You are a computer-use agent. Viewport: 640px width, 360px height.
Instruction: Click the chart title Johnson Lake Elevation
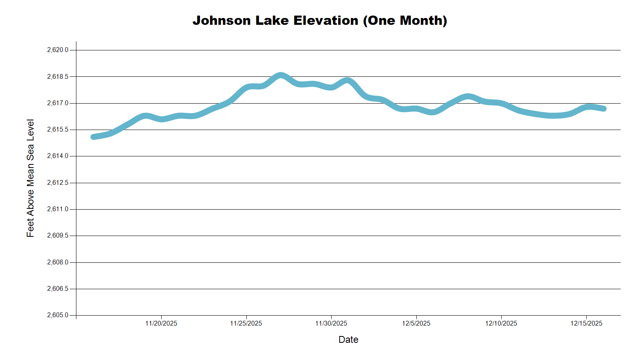[x=320, y=20]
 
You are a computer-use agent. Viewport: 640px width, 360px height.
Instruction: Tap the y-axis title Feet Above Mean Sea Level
[x=30, y=178]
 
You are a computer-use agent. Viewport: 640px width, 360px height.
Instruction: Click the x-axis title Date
[x=348, y=340]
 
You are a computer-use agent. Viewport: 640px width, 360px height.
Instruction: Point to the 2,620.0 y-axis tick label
[x=58, y=50]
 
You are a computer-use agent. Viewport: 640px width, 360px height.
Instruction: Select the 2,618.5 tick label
[x=58, y=76]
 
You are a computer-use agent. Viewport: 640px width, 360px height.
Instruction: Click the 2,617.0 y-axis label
[x=58, y=103]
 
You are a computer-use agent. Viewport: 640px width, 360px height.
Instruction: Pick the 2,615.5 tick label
[x=58, y=130]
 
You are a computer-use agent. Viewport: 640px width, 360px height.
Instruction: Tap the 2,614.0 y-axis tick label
[x=58, y=156]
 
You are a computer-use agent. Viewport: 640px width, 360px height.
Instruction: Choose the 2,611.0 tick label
[x=58, y=209]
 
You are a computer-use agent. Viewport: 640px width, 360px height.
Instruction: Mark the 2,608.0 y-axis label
[x=58, y=262]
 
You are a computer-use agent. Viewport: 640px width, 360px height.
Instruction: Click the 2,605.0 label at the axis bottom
[x=58, y=315]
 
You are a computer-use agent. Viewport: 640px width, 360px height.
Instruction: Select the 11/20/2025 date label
[x=161, y=323]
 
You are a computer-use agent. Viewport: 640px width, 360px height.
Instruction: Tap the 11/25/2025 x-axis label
[x=246, y=323]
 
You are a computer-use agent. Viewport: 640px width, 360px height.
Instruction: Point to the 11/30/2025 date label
[x=331, y=323]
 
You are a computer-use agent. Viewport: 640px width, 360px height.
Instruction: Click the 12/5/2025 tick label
[x=416, y=323]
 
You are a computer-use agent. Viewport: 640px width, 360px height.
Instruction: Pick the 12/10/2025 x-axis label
[x=501, y=323]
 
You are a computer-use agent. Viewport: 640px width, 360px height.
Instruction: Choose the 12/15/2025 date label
[x=586, y=323]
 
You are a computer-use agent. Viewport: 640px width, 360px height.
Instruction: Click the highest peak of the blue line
[x=281, y=75]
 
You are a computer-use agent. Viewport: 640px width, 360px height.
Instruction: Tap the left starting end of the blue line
[x=93, y=137]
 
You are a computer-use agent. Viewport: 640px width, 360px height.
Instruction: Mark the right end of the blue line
[x=604, y=108]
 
